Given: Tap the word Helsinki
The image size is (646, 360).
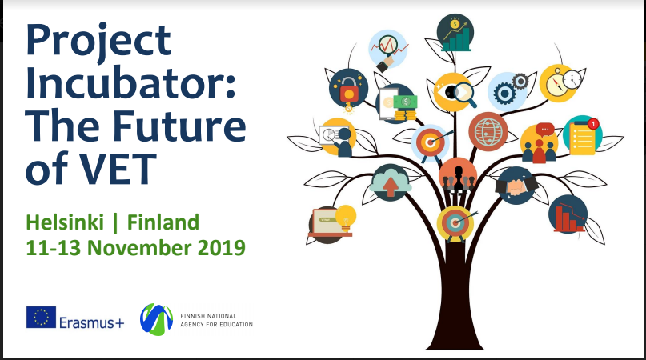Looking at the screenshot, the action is (65, 222).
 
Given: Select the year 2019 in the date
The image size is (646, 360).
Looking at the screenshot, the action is (222, 247).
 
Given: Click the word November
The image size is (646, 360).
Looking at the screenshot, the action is (138, 247).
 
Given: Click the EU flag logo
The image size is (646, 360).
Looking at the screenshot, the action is (41, 317).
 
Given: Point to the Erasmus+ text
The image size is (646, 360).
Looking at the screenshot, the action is (91, 322).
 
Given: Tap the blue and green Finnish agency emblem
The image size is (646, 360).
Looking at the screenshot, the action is (156, 319).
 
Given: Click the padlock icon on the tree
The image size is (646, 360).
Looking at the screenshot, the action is (348, 90).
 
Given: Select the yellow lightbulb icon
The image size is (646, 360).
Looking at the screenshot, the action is (345, 217).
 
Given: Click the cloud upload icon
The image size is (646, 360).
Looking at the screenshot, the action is (390, 182).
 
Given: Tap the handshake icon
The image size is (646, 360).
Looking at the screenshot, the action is (516, 186).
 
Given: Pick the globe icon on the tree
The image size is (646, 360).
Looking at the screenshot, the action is (488, 132).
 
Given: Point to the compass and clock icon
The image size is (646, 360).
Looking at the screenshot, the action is (560, 82).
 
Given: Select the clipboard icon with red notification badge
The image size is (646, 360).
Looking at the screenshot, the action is (583, 136).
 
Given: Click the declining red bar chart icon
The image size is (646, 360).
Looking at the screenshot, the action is (568, 214).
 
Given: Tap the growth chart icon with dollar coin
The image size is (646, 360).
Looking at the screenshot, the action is (455, 33).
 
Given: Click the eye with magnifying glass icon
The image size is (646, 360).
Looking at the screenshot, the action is (455, 92).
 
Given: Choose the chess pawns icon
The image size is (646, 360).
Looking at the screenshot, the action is (458, 176).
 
